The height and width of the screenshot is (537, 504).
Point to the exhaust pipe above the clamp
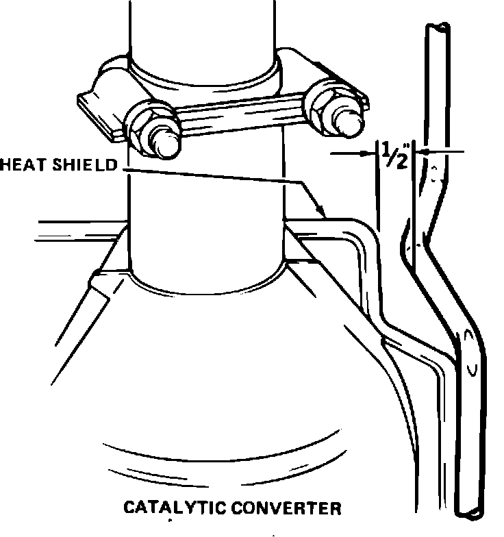pyautogui.click(x=204, y=31)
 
